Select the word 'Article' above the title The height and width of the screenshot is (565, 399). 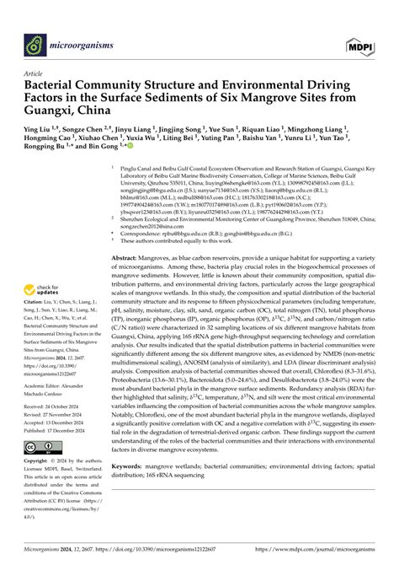click(x=37, y=73)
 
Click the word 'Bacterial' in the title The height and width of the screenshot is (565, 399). click(x=57, y=86)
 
